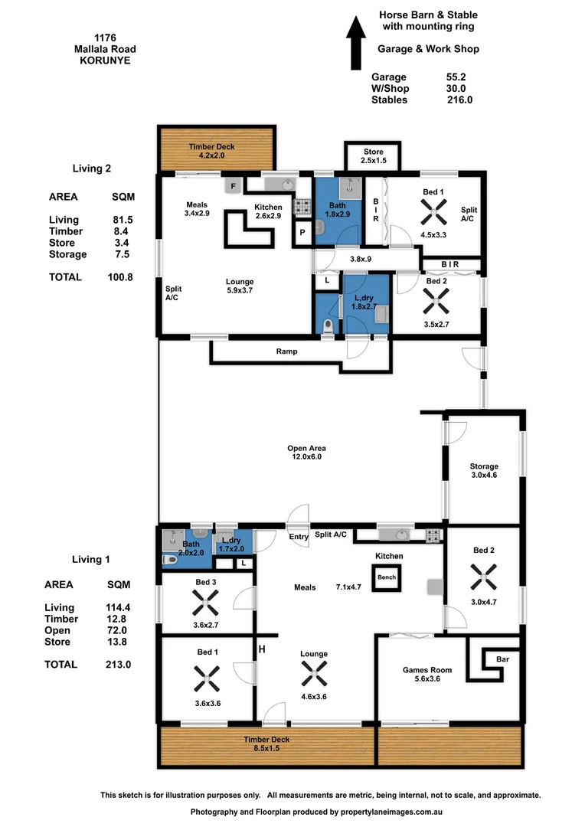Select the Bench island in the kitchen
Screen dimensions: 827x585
387,577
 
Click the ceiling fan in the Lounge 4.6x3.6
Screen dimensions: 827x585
313,675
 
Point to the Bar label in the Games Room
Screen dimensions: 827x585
502,659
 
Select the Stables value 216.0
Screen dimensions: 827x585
459,100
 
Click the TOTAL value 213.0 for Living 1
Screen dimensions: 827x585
119,665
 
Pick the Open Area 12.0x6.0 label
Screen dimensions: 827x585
306,453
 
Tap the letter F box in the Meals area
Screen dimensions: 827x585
232,185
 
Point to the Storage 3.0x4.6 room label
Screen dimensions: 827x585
483,471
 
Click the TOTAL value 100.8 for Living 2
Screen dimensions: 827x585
120,277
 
